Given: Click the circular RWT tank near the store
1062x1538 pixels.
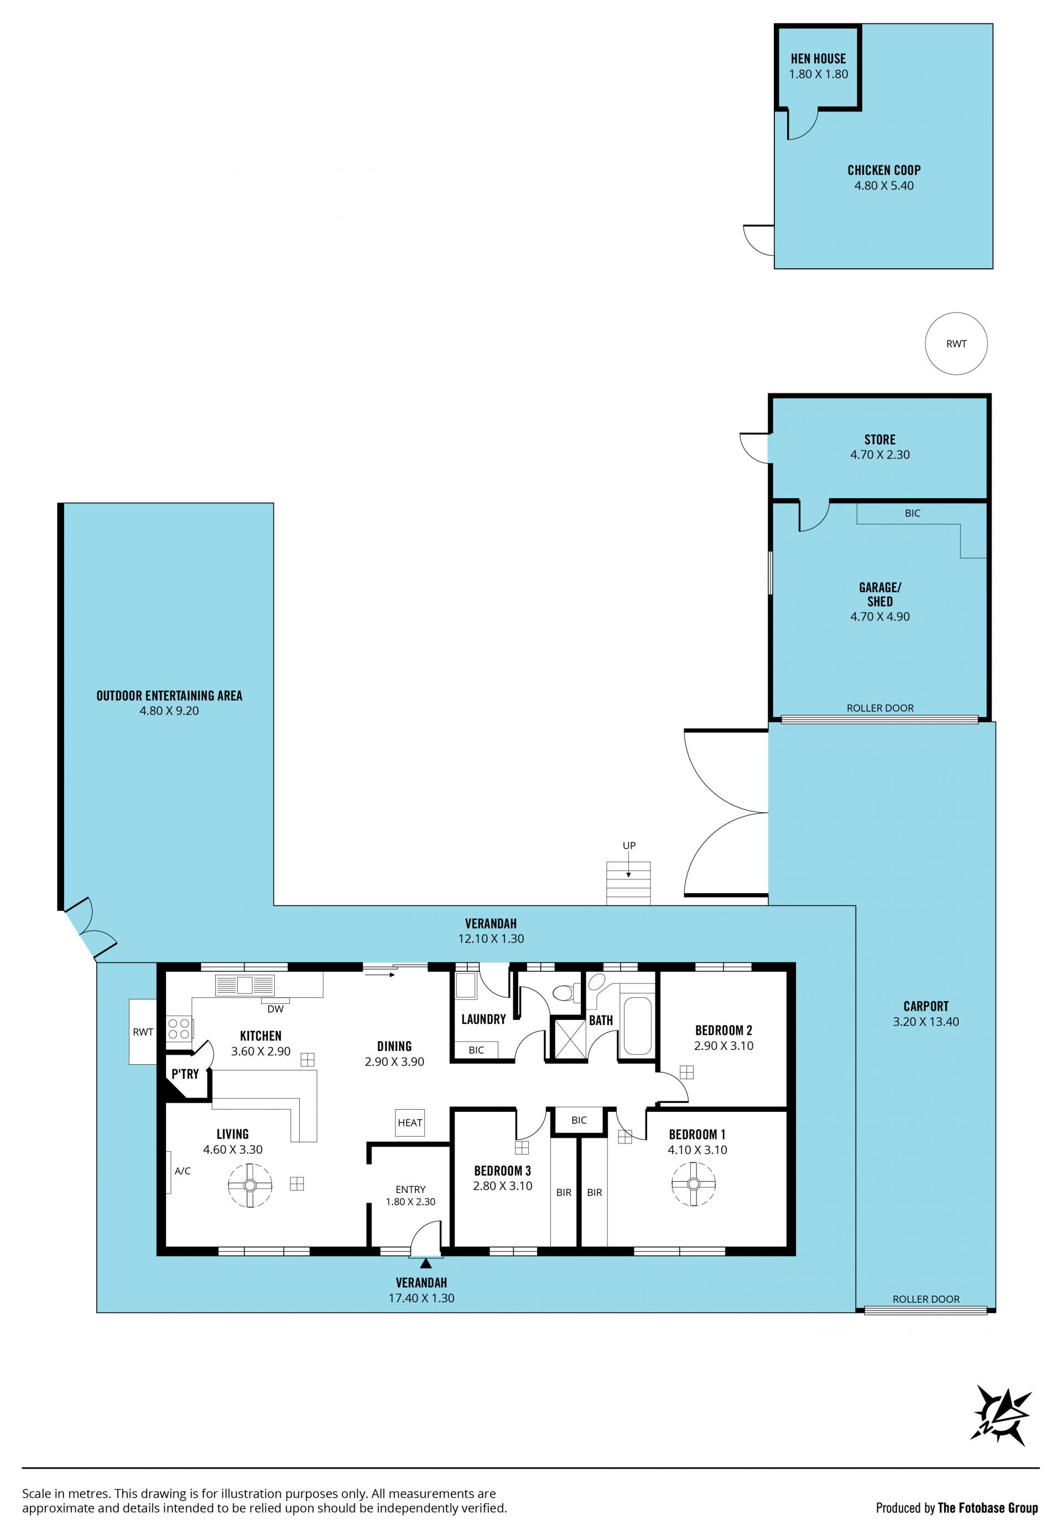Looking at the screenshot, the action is click(956, 344).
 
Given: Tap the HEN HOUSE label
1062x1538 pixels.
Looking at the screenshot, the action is click(819, 59).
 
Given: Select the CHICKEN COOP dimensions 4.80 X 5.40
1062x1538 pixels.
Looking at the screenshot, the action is click(884, 186).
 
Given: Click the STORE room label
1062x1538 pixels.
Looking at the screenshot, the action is click(879, 439).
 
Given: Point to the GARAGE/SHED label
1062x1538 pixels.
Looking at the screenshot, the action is click(879, 594).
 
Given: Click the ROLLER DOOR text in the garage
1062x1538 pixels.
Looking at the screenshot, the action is click(879, 708).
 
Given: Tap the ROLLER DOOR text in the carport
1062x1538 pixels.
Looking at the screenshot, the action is click(925, 1299).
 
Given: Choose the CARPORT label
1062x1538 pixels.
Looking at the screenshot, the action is click(925, 1006).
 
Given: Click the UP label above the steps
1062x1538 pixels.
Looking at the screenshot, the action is click(629, 846).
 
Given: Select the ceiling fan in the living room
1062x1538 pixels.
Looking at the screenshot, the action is click(250, 1185).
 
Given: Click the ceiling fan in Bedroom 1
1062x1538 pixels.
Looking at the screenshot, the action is click(694, 1184).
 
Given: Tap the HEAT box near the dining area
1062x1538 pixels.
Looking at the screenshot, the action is click(410, 1122).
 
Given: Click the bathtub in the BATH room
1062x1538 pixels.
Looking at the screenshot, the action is click(637, 1026).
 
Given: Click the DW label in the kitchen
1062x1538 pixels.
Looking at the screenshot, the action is click(275, 1009).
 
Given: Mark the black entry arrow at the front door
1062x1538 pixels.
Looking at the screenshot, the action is click(426, 1262).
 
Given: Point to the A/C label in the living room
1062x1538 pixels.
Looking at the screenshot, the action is click(183, 1171).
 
